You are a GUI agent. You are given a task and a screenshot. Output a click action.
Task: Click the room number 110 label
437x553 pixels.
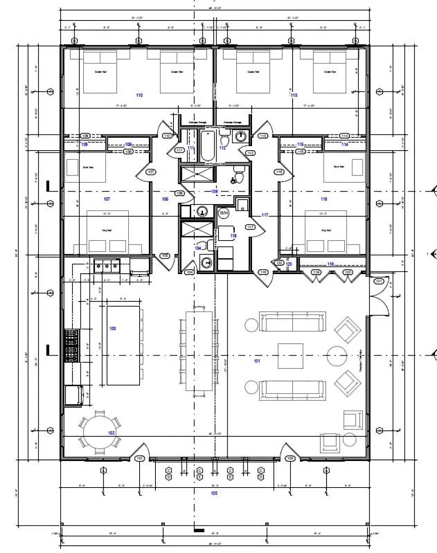[x=139, y=95]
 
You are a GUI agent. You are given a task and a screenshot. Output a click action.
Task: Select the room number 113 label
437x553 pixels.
[x=294, y=95]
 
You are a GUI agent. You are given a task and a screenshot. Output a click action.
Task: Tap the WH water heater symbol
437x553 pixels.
[x=223, y=214]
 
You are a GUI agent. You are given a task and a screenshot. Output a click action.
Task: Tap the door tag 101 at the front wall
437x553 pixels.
[x=139, y=459]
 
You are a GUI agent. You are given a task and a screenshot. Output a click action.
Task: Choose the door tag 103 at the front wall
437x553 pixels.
[x=290, y=459]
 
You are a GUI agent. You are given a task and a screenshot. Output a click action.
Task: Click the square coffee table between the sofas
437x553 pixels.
[x=290, y=355]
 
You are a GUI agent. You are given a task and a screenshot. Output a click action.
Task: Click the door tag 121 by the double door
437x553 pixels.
[x=378, y=282]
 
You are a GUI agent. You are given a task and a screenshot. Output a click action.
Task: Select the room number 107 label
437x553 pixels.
[x=107, y=199]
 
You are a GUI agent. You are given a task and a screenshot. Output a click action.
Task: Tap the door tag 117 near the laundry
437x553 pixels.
[x=265, y=216]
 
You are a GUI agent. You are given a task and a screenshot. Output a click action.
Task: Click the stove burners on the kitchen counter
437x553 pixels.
[x=72, y=345]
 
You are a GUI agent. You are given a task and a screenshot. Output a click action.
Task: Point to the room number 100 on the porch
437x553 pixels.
[x=214, y=493]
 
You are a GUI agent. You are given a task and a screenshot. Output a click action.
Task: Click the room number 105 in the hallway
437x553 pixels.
[x=165, y=199]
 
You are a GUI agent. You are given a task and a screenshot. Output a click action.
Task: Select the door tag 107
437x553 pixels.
[x=150, y=172]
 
